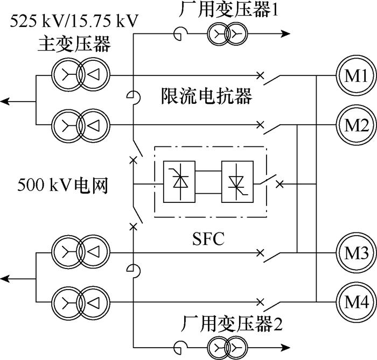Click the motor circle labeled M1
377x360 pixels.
tap(352, 76)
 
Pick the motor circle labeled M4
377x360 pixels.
tap(352, 300)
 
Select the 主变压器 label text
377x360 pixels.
tap(74, 44)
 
